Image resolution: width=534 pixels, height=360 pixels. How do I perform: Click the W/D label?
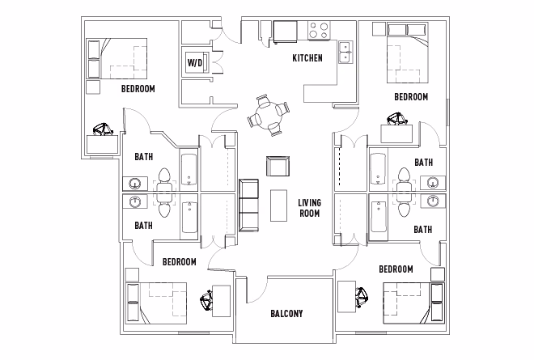click(195, 62)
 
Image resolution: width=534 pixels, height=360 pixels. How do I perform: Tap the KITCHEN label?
click(307, 58)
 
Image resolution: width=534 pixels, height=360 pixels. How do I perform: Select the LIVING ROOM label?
click(308, 209)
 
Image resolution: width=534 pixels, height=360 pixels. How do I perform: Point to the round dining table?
click(267, 114)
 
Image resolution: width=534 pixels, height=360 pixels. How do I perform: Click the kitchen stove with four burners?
click(319, 31)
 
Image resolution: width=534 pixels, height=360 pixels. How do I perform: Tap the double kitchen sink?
click(345, 51)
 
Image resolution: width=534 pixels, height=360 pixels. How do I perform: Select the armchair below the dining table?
click(278, 167)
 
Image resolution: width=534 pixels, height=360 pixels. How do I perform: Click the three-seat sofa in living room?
click(249, 205)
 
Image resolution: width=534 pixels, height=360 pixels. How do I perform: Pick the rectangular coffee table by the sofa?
click(278, 205)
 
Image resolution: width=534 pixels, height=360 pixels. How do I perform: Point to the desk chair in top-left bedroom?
click(103, 129)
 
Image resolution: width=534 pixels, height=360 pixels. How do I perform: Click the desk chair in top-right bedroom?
click(396, 120)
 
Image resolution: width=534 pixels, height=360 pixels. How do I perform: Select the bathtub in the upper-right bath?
click(378, 167)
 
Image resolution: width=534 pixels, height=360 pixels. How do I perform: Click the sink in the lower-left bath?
click(133, 201)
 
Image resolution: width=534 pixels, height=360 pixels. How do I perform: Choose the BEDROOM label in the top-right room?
click(410, 97)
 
